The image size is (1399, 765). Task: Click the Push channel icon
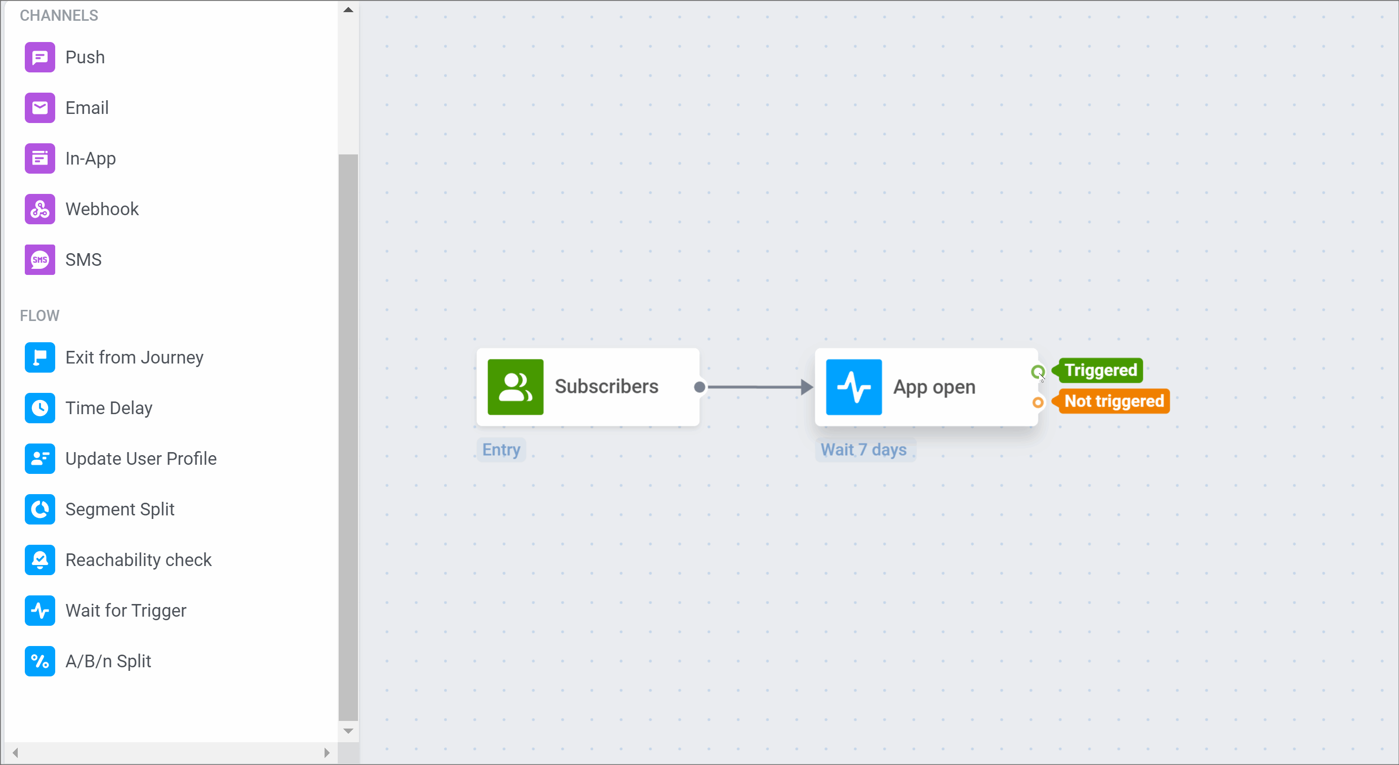pyautogui.click(x=39, y=57)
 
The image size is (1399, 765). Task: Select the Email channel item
pyautogui.click(x=87, y=107)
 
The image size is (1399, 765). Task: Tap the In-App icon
pyautogui.click(x=39, y=158)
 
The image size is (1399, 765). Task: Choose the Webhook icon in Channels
pyautogui.click(x=39, y=209)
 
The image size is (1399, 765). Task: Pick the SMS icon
pyautogui.click(x=39, y=260)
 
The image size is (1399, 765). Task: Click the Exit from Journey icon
pyautogui.click(x=39, y=357)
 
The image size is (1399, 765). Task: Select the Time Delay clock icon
pyautogui.click(x=39, y=408)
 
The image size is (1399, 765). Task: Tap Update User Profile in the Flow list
pyautogui.click(x=141, y=459)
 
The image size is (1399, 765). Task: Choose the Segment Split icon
pyautogui.click(x=39, y=509)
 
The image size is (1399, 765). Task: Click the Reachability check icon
pyautogui.click(x=39, y=560)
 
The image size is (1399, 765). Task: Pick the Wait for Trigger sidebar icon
pyautogui.click(x=39, y=610)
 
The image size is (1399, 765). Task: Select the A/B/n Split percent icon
pyautogui.click(x=39, y=661)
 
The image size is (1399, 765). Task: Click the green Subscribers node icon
pyautogui.click(x=515, y=387)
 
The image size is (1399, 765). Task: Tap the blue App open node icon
pyautogui.click(x=853, y=387)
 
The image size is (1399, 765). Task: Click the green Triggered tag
pyautogui.click(x=1100, y=370)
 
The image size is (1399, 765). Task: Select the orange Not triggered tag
pyautogui.click(x=1113, y=401)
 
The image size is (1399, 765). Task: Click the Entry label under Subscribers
pyautogui.click(x=501, y=450)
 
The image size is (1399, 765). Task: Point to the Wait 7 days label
pyautogui.click(x=863, y=450)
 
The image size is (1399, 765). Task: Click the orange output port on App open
pyautogui.click(x=1037, y=402)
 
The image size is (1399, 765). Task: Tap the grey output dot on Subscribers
pyautogui.click(x=700, y=387)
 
